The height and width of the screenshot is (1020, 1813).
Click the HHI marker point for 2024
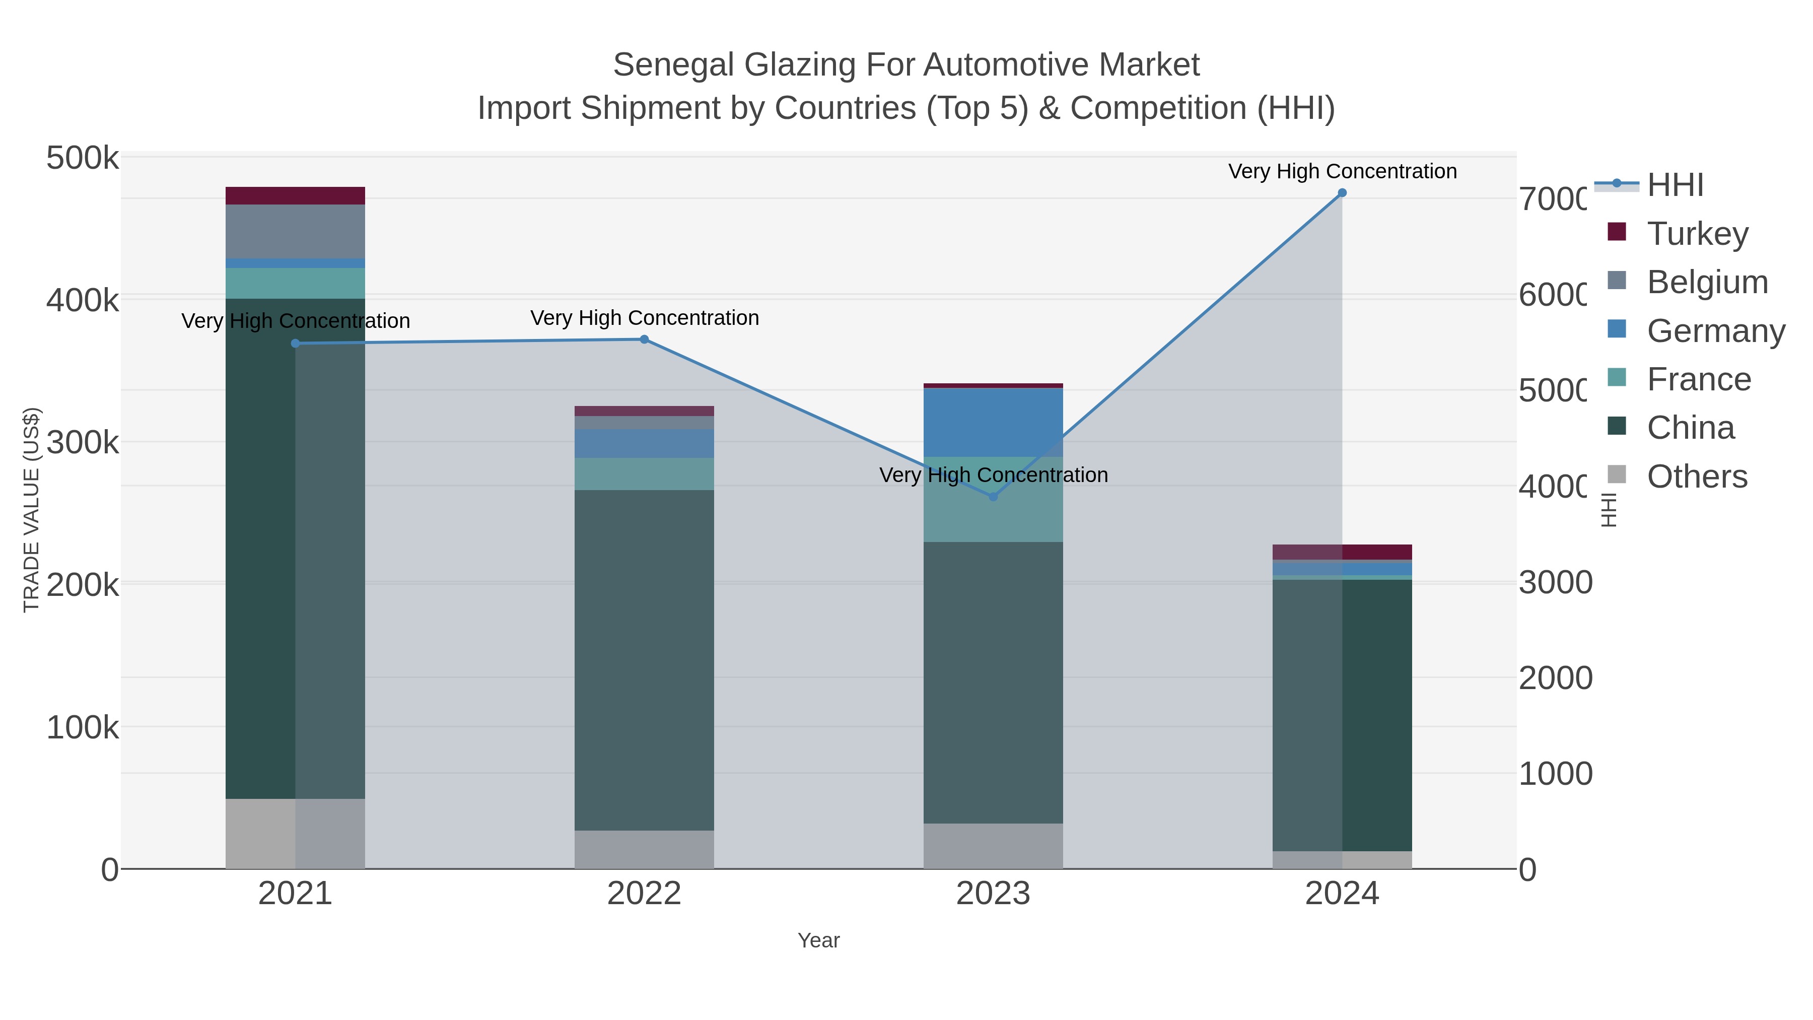[x=1342, y=193]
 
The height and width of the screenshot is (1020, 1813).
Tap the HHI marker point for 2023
[x=993, y=497]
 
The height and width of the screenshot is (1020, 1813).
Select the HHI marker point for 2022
[x=644, y=339]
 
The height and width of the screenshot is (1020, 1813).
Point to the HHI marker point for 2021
[x=296, y=344]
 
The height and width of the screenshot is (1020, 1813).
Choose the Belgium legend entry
[x=1707, y=282]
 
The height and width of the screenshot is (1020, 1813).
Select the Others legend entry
[x=1696, y=477]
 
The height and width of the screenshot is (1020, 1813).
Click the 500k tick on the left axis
[x=83, y=158]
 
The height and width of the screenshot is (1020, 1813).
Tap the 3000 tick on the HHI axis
[x=1556, y=582]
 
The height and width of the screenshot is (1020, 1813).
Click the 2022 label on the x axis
[x=644, y=893]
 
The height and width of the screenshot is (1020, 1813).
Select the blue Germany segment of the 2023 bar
[x=993, y=423]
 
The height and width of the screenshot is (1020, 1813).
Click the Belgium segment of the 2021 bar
[x=296, y=231]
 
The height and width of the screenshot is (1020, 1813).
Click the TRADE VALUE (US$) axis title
[x=32, y=510]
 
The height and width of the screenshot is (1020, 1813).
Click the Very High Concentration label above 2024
[x=1342, y=171]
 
